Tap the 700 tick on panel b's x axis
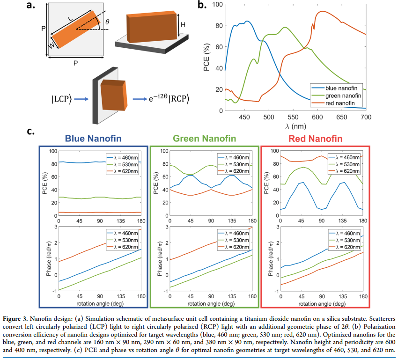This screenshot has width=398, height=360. pos(366,116)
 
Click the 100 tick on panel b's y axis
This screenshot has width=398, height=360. pos(217,5)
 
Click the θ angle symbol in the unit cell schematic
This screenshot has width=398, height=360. pos(107,22)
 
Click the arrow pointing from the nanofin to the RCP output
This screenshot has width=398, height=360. pos(140,99)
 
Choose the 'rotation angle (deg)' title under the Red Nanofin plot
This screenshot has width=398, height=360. pos(315,304)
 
